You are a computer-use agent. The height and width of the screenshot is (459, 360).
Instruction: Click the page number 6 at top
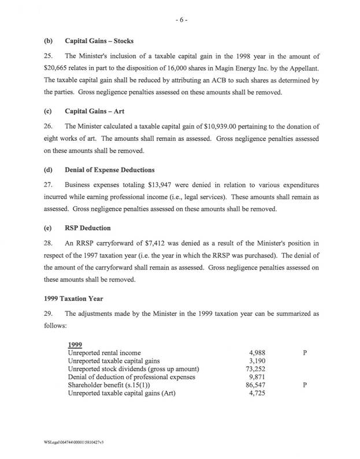tap(180, 19)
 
